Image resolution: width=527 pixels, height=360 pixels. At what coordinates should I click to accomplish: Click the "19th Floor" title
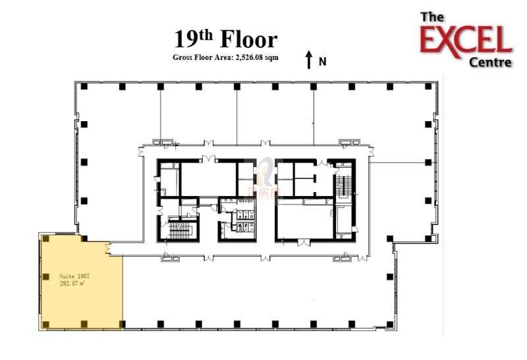click(225, 39)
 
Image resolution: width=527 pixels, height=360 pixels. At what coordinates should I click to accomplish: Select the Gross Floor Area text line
click(225, 58)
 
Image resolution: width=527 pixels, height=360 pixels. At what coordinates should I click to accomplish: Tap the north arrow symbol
click(308, 60)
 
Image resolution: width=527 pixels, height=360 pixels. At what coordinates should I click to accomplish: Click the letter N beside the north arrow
click(322, 62)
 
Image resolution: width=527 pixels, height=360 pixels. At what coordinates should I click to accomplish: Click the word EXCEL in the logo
click(466, 41)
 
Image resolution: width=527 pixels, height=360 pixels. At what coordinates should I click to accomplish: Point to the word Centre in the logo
click(489, 63)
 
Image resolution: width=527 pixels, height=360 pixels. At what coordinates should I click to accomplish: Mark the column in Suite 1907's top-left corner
click(45, 239)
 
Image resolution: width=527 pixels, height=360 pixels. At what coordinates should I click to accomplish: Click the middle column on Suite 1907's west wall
click(45, 276)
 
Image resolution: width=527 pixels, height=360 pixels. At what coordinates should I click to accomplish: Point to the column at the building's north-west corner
click(84, 86)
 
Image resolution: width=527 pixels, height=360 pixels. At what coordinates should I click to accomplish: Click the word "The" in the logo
click(432, 17)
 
